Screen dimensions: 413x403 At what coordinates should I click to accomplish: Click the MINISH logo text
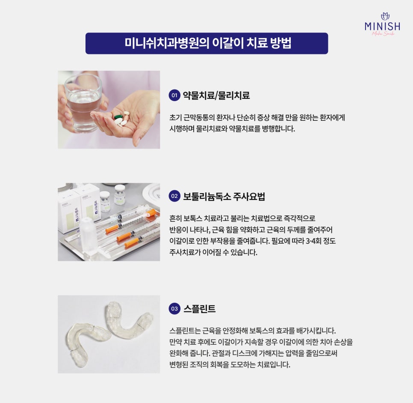coord(382,26)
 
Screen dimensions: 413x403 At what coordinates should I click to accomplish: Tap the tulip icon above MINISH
coord(385,16)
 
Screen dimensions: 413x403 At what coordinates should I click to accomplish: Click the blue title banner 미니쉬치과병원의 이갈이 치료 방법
coord(207,43)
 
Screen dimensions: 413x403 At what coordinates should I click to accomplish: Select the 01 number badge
coord(174,95)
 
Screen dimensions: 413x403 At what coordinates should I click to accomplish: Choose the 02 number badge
coord(174,196)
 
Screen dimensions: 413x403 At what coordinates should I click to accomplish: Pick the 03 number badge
coord(174,308)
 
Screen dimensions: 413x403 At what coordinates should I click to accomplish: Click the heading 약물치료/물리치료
coord(216,95)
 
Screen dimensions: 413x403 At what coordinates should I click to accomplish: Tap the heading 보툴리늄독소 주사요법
coord(224,196)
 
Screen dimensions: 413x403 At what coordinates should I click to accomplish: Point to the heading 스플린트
coord(199,308)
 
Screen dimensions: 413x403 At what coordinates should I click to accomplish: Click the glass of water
coord(83,103)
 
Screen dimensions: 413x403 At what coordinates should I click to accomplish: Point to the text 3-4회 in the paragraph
coord(313,241)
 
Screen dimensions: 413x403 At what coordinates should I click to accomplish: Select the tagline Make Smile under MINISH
coord(383,34)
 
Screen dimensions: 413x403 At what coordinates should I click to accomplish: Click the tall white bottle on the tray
coord(88,235)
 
